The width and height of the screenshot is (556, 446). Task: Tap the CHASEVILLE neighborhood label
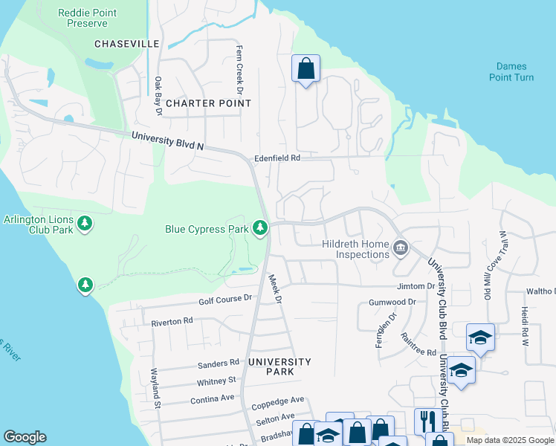point(126,44)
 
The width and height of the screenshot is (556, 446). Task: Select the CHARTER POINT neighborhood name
point(208,103)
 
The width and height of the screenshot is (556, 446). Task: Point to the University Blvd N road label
point(167,140)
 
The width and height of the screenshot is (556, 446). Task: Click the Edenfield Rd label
point(277,158)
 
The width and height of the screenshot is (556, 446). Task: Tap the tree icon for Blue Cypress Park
point(260,227)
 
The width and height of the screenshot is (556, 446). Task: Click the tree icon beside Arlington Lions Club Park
point(85,223)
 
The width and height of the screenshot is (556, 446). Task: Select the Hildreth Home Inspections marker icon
point(401,247)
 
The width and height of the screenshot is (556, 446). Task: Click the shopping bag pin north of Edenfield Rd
point(306,69)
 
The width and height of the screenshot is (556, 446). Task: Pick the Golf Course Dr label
point(225,299)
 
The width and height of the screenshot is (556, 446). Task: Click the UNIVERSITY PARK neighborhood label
point(279,362)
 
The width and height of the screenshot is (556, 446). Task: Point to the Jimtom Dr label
point(416,286)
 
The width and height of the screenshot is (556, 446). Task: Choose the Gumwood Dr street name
point(392,303)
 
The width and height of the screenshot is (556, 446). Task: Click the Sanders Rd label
point(218,363)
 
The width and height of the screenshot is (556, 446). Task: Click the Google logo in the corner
point(25,437)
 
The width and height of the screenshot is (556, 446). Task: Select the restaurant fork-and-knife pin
point(427,420)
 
